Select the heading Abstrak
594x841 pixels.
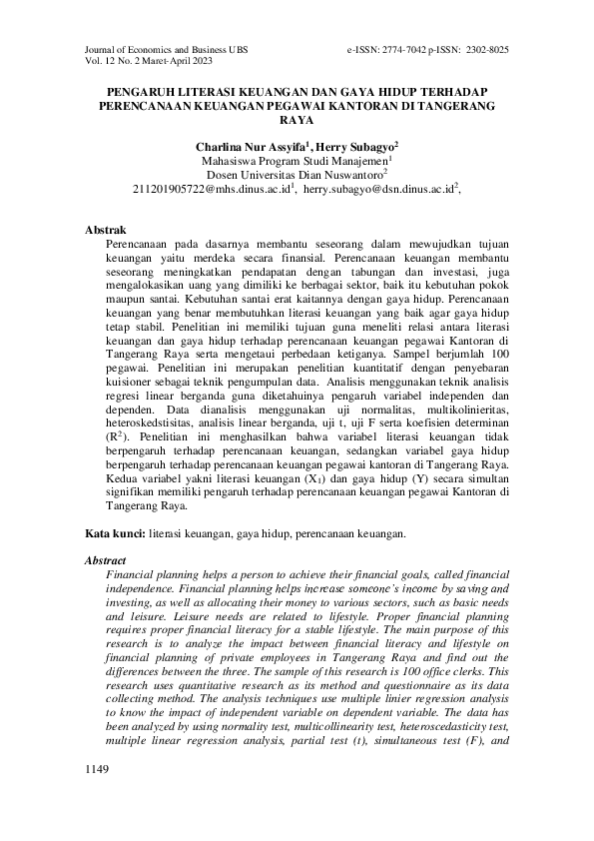106,230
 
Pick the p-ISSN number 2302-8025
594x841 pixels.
487,49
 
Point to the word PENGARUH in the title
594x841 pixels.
143,90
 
